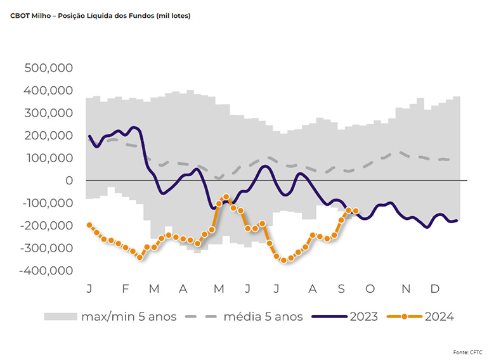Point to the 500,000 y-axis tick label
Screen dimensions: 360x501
pos(49,68)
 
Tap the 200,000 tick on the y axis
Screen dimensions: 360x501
pos(49,136)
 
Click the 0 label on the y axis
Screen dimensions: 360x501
pos(70,181)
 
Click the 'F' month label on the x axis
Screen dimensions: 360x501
pos(125,290)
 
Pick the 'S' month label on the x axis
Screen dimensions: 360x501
pos(341,290)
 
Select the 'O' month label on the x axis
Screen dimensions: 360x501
pos(370,290)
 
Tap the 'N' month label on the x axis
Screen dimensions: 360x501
pos(406,290)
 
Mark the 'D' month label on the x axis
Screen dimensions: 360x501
pos(435,290)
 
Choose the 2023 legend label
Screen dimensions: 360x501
pos(363,316)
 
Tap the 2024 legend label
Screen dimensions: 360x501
pos(439,316)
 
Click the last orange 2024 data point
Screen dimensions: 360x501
pos(356,211)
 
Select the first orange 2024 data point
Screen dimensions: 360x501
pos(89,226)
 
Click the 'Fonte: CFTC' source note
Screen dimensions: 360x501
pos(476,351)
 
